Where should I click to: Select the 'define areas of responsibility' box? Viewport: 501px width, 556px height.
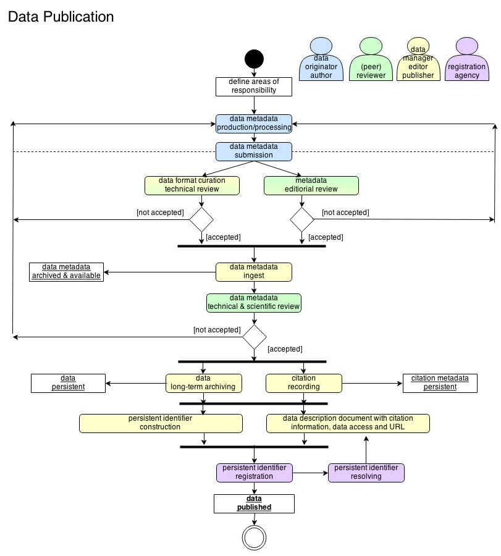(253, 86)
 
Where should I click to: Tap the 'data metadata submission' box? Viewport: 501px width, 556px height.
(253, 151)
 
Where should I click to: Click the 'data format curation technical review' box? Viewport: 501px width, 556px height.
(192, 185)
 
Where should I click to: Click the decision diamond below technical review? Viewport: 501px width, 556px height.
(201, 219)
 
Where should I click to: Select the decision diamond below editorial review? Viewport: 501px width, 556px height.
(302, 219)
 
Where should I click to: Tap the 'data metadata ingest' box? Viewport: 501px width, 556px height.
(253, 272)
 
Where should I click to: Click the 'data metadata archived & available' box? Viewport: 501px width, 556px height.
(66, 272)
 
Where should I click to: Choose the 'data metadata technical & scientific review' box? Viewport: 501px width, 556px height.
(253, 303)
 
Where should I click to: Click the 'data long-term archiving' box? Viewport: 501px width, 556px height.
(203, 383)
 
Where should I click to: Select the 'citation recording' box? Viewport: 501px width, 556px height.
(303, 383)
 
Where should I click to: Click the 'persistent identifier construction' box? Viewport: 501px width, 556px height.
(161, 423)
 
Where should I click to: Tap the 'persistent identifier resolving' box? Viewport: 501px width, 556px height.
(366, 473)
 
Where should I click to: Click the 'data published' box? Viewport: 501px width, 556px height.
(254, 503)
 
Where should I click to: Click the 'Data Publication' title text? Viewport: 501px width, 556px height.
(61, 17)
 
